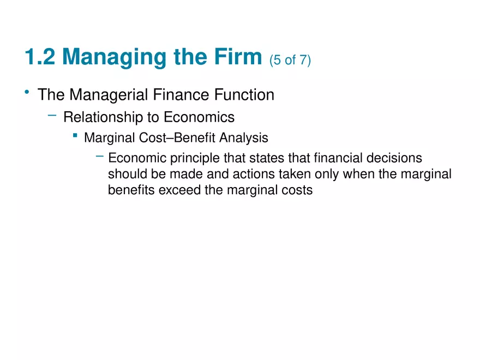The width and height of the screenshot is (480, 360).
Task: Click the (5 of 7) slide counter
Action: tap(290, 60)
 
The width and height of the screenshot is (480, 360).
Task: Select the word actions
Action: tap(239, 175)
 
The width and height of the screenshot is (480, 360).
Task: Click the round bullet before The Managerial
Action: tap(26, 93)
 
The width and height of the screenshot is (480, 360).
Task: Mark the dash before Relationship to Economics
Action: tap(52, 115)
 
